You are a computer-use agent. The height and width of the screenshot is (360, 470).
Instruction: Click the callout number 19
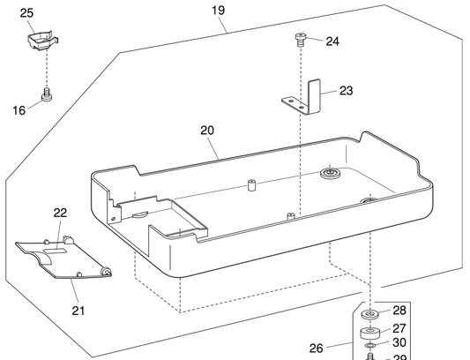218,11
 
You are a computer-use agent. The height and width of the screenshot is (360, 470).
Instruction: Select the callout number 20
207,130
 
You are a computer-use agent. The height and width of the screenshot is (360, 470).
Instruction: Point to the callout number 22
60,213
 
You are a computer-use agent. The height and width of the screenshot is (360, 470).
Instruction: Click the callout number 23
346,90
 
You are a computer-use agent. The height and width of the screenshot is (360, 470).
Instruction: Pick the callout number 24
332,41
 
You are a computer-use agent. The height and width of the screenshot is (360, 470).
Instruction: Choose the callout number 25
26,13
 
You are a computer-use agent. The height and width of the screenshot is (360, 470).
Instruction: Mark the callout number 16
19,110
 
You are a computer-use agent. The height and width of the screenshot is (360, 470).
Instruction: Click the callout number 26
317,348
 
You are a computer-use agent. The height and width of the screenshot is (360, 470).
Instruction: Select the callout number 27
399,327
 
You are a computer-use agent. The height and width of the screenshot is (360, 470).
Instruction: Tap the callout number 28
399,311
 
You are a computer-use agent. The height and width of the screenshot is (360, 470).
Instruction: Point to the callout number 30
399,342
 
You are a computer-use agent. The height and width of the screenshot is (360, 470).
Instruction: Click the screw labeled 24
301,39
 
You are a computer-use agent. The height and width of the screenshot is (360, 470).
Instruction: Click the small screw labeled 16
46,93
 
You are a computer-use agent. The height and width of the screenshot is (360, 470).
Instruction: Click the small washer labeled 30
369,344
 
